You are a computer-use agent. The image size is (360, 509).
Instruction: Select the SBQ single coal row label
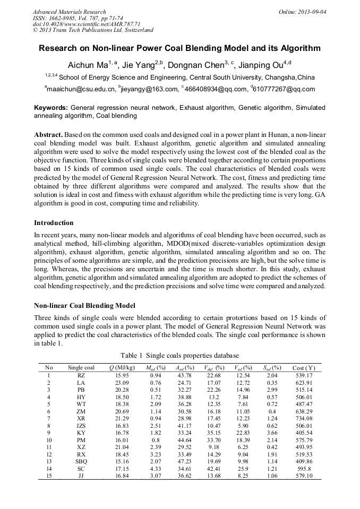coord(81,461)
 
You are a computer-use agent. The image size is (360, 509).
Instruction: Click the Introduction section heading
coord(54,223)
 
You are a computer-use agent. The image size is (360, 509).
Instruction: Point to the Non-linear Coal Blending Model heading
coord(85,306)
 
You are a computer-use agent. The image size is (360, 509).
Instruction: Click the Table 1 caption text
coord(179,355)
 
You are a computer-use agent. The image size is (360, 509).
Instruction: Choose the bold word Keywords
coord(50,107)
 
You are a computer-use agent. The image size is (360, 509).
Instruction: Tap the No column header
coord(49,368)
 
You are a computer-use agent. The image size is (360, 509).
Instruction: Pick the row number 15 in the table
coord(49,476)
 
